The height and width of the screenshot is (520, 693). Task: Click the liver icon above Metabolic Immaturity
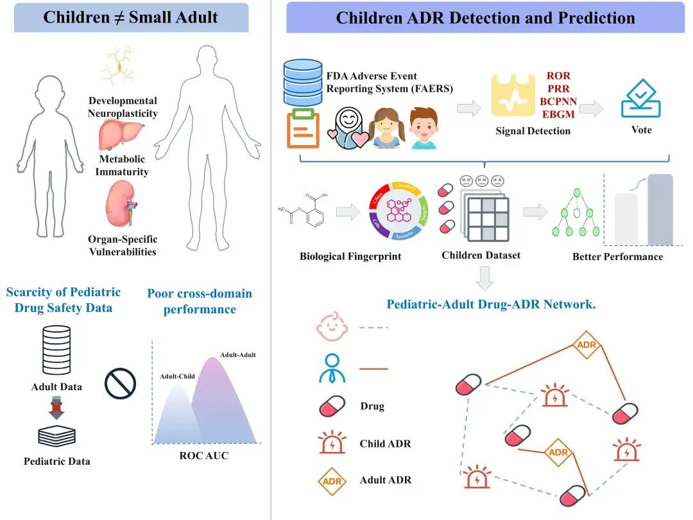[x=120, y=135]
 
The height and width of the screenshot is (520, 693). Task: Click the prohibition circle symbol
[x=120, y=384]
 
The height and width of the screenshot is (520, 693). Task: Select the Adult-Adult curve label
[x=237, y=355]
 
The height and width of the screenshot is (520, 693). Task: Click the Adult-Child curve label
[x=177, y=376]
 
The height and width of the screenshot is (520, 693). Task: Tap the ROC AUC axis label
[x=203, y=456]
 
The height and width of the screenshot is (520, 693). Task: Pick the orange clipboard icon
[x=303, y=128]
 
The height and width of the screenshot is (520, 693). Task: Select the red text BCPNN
[x=558, y=101]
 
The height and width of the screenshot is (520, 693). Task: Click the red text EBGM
[x=558, y=114]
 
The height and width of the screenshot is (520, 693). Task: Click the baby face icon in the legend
[x=331, y=327]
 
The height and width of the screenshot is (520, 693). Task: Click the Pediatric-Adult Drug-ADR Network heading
[x=491, y=304]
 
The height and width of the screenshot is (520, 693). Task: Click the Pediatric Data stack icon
[x=56, y=436]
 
